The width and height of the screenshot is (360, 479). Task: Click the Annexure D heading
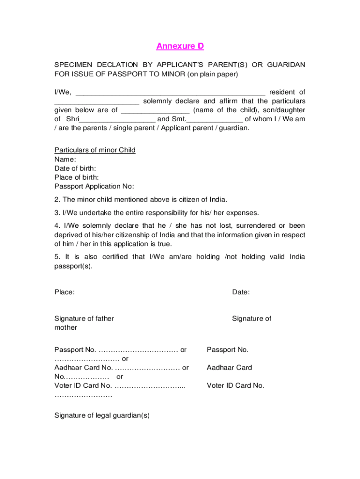point(180,46)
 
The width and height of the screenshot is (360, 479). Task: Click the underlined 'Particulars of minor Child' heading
point(95,150)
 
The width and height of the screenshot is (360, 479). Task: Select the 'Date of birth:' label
point(75,168)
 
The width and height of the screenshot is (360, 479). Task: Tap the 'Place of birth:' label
point(77,177)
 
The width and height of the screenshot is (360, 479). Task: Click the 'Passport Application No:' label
point(94,186)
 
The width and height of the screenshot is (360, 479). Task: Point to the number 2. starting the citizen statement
point(57,200)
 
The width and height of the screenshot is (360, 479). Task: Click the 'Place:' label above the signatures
point(65,292)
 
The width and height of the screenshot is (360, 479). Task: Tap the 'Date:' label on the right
point(241,292)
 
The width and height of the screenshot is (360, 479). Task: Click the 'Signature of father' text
point(84,319)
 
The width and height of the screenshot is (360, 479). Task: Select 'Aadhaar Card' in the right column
point(230,368)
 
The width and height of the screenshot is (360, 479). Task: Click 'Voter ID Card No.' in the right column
point(236,385)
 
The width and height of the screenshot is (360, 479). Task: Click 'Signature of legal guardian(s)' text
point(102,415)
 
